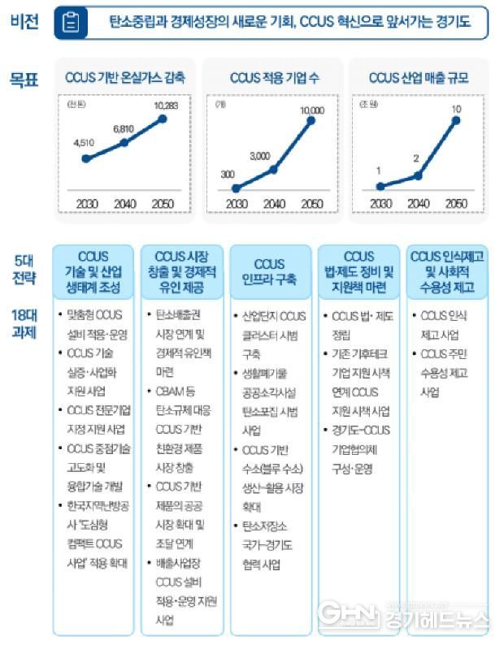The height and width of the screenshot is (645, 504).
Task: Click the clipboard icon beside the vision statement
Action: [71, 24]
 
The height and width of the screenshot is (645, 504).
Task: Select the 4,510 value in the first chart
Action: [85, 143]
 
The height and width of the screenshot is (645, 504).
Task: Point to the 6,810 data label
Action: [124, 128]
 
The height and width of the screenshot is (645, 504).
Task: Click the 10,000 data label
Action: [311, 109]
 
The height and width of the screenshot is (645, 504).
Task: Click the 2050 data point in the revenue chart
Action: [456, 121]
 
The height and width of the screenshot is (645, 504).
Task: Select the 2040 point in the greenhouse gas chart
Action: [124, 143]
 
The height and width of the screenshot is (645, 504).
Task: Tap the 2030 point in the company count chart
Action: [236, 188]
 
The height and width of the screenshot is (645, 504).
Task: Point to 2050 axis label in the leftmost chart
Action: [163, 203]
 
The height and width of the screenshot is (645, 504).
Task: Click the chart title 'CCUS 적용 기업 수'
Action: [270, 79]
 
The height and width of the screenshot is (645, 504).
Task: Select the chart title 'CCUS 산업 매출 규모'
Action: [418, 79]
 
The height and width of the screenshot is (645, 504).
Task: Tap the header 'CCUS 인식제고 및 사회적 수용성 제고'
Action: [448, 271]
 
